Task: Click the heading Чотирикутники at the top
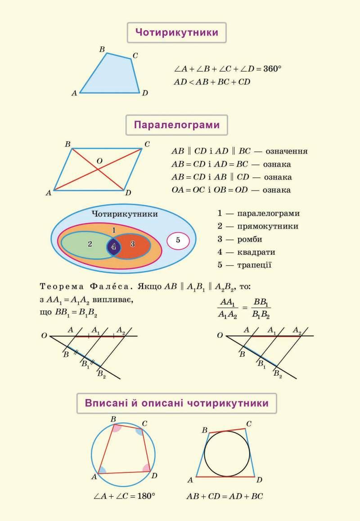[x=176, y=32]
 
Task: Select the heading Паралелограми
[x=176, y=125]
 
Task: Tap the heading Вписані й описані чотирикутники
[x=176, y=403]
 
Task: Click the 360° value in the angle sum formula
[x=272, y=69]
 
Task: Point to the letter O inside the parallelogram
[x=99, y=161]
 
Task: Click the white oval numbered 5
[x=178, y=241]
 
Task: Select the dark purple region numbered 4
[x=113, y=247]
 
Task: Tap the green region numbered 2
[x=86, y=245]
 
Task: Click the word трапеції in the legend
[x=254, y=265]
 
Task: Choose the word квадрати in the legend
[x=256, y=252]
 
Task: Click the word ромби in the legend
[x=250, y=239]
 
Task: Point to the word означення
[x=287, y=152]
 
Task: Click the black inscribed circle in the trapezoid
[x=204, y=453]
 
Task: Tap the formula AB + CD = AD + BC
[x=225, y=496]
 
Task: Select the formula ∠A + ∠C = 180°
[x=124, y=496]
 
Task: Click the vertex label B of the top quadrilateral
[x=102, y=49]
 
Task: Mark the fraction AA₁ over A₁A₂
[x=228, y=308]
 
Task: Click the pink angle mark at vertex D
[x=146, y=468]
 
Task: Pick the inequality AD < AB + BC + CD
[x=212, y=82]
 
